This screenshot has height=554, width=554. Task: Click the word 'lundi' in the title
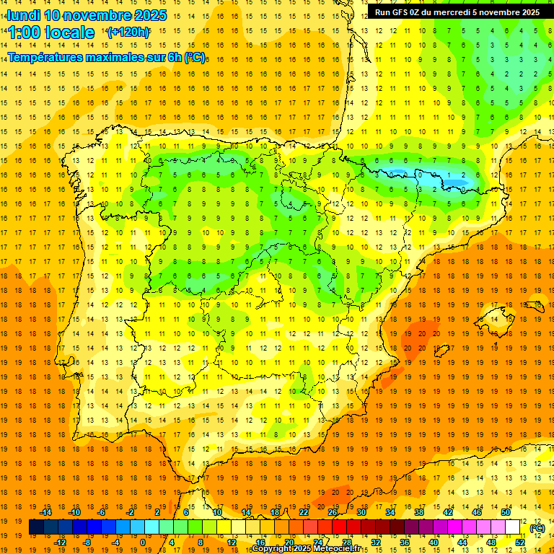[x=23, y=15]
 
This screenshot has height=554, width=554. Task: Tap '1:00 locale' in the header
[x=51, y=32]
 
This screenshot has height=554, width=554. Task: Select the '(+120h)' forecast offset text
[x=128, y=32]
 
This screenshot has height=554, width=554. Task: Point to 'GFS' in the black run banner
[x=403, y=12]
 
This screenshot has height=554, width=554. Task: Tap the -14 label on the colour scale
[x=47, y=512]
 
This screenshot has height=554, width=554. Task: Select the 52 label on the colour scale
[x=520, y=542]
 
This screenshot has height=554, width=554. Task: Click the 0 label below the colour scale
[x=142, y=542]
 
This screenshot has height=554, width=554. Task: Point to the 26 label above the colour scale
[x=333, y=512]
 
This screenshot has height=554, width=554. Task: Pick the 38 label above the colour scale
[x=419, y=512]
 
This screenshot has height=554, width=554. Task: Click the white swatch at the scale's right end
[x=513, y=527]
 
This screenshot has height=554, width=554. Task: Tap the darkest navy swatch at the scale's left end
[x=36, y=527]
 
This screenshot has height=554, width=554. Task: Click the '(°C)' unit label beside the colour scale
[x=537, y=528]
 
